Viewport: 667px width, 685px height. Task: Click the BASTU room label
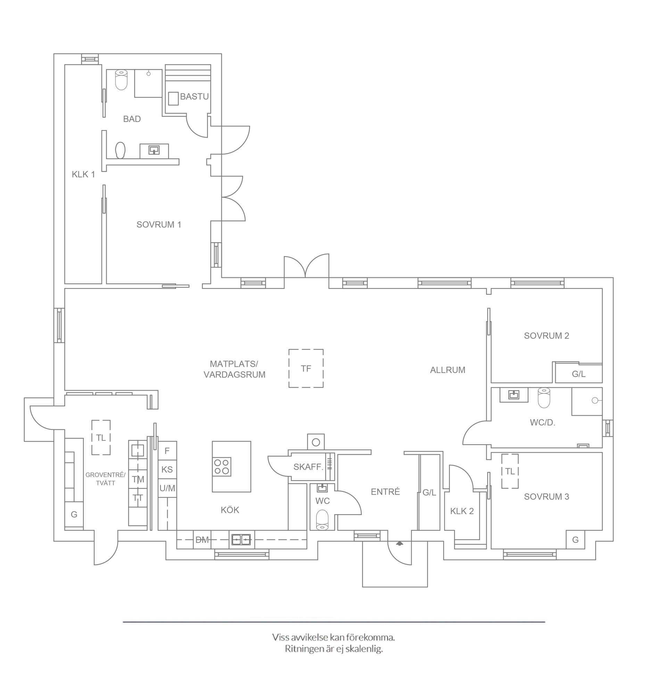pos(195,97)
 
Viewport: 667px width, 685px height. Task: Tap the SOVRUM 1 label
pos(159,225)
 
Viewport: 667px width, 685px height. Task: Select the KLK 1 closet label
pos(83,174)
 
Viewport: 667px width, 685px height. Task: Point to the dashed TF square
pos(306,369)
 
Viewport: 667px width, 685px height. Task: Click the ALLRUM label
pos(448,370)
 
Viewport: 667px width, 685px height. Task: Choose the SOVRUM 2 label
pos(546,336)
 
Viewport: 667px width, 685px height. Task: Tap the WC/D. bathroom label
pos(543,423)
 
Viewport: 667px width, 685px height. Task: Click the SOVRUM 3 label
pos(546,497)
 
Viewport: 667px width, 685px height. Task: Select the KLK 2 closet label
pos(462,511)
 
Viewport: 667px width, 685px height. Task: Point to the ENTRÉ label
pos(385,492)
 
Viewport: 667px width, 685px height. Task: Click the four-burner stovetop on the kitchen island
pos(222,467)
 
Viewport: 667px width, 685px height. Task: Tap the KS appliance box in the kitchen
pos(167,470)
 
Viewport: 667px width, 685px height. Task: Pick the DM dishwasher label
pos(202,540)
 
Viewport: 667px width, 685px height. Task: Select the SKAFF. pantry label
pos(308,467)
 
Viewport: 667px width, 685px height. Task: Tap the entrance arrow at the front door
pos(400,543)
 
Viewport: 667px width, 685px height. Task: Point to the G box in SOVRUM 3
pos(576,540)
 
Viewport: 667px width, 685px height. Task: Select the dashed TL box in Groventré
pos(101,438)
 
